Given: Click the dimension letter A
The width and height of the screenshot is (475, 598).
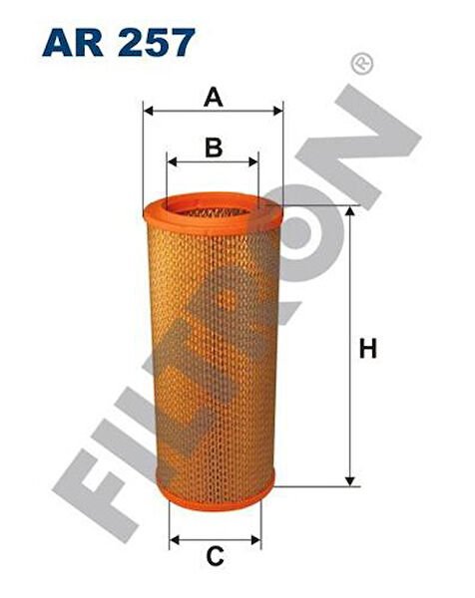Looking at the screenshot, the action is point(214,97).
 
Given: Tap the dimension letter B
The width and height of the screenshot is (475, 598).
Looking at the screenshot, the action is point(214,148).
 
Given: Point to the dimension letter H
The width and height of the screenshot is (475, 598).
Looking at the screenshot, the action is point(368,348).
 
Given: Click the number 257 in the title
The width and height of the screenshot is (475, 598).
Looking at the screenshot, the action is point(157,42).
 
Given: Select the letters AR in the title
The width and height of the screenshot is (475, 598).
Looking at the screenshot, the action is point(73,42).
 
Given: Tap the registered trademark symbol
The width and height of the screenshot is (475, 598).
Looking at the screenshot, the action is point(361,65).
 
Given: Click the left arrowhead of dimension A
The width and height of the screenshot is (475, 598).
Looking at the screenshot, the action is point(148,111).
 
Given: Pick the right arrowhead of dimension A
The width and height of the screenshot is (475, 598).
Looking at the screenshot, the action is point(277,111).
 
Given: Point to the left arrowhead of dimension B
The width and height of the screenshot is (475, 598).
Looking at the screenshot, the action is point(173,161).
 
